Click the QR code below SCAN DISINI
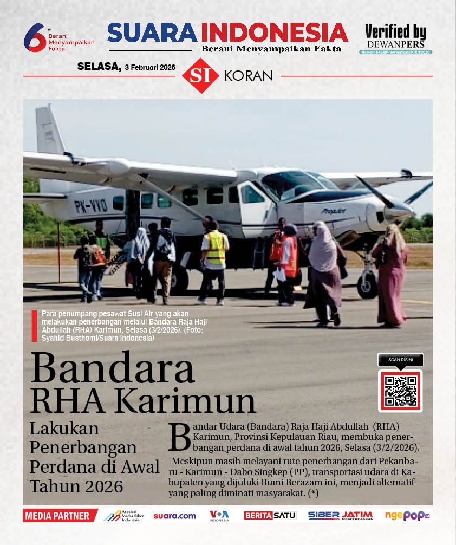coord(401,391)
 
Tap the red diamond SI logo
coord(200,75)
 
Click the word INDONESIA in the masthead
coord(278,33)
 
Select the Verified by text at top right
coord(395,32)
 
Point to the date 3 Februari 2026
coord(149,67)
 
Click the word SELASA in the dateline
coord(99,67)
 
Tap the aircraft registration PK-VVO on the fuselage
coord(90,205)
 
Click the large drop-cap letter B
coord(180,437)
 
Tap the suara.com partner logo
coord(174,516)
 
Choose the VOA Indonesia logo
coord(219,516)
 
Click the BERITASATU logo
coord(270,516)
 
